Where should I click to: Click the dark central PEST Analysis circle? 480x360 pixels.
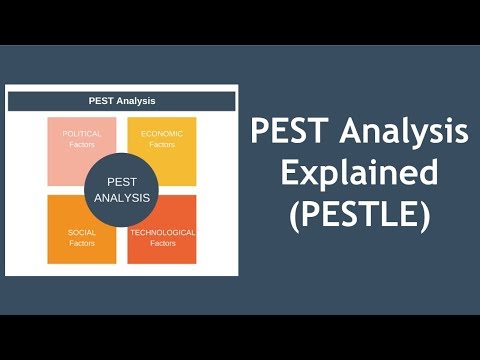click(122, 188)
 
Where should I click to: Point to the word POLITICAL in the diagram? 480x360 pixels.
click(82, 133)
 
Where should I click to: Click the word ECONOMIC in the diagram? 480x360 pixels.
click(161, 133)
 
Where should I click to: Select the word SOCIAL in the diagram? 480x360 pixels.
click(82, 233)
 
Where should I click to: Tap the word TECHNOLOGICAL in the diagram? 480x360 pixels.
click(162, 233)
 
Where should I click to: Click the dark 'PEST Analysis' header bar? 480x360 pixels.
click(122, 101)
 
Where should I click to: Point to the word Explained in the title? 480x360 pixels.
click(359, 173)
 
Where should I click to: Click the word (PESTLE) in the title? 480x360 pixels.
click(359, 214)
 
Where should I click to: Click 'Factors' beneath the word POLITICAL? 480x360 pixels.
click(82, 144)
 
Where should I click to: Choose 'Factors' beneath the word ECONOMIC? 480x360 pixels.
click(161, 144)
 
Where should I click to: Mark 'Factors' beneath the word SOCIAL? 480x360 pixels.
click(82, 244)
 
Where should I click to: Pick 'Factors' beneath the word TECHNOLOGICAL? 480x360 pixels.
click(162, 244)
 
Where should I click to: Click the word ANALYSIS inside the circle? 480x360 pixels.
click(122, 197)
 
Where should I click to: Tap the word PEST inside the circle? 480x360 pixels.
click(122, 181)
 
